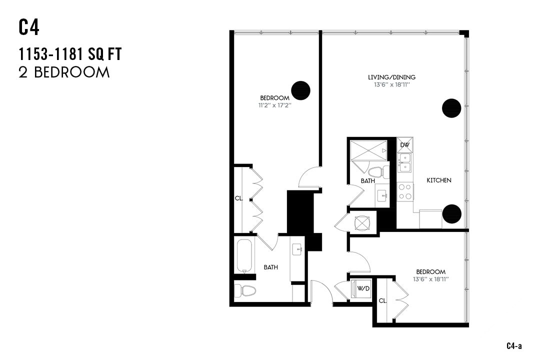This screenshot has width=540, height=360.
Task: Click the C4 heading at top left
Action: [29, 27]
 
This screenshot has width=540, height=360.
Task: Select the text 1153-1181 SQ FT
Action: [70, 54]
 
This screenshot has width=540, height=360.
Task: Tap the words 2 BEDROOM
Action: [64, 72]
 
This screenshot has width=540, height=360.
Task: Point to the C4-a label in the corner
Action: [514, 346]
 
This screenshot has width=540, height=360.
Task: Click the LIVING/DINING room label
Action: [391, 77]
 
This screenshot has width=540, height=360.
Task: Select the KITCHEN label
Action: [439, 180]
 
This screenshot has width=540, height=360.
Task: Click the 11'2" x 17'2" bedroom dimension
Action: [274, 105]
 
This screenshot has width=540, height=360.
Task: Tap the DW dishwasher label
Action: [405, 145]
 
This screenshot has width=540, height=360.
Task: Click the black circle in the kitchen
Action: [452, 213]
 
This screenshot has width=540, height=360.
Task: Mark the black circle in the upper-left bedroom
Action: [301, 90]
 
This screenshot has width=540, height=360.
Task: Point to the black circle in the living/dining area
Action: [451, 107]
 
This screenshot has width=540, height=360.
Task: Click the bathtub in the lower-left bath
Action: [244, 256]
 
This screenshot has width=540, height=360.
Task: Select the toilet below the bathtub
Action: [245, 290]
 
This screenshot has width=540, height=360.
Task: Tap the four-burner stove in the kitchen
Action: [405, 191]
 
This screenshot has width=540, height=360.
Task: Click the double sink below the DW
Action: [405, 163]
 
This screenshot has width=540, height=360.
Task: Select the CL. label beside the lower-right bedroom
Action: [382, 300]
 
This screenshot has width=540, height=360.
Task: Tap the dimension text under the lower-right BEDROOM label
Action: [430, 279]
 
